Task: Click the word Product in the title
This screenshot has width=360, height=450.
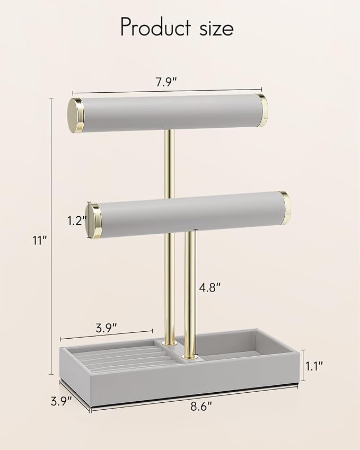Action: click(155, 27)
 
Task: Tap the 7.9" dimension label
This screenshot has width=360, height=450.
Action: click(166, 82)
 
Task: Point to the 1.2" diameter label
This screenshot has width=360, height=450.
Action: click(77, 220)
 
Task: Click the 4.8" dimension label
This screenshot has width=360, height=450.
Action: click(210, 287)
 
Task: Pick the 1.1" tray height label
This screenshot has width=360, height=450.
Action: click(314, 366)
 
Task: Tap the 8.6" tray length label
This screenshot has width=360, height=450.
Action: click(201, 407)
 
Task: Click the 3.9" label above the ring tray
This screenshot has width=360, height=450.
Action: click(106, 328)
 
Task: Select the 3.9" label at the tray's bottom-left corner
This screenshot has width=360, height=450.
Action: click(61, 401)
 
